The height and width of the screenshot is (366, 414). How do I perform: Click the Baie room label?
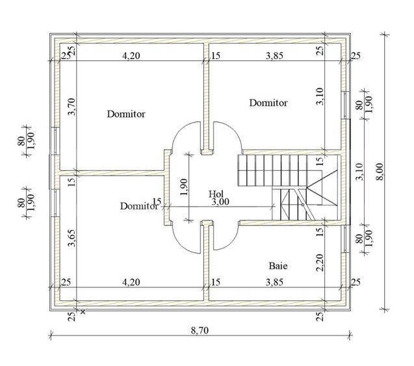[278, 266]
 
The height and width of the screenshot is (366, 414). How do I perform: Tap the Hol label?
[216, 194]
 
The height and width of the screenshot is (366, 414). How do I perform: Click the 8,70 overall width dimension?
[200, 330]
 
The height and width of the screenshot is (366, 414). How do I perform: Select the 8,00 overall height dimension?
[380, 172]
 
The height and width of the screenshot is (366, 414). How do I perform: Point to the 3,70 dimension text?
[71, 107]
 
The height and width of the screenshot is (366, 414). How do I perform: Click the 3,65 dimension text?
[71, 238]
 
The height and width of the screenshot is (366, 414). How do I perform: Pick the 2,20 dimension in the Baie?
[320, 263]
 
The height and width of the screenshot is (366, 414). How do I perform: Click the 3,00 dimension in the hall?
[220, 202]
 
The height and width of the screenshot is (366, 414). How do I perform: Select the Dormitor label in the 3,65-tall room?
[139, 206]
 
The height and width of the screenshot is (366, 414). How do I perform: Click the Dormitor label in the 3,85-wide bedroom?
[268, 103]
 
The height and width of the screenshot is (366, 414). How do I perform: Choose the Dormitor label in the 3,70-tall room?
[126, 114]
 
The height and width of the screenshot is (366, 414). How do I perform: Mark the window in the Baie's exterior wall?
[345, 239]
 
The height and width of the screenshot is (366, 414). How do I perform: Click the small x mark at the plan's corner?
[83, 312]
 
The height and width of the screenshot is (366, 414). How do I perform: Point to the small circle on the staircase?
[303, 205]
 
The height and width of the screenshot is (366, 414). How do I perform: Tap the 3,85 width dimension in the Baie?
[274, 282]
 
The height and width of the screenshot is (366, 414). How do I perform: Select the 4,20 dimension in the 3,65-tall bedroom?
[131, 282]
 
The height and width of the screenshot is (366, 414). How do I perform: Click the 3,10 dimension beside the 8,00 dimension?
[359, 172]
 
